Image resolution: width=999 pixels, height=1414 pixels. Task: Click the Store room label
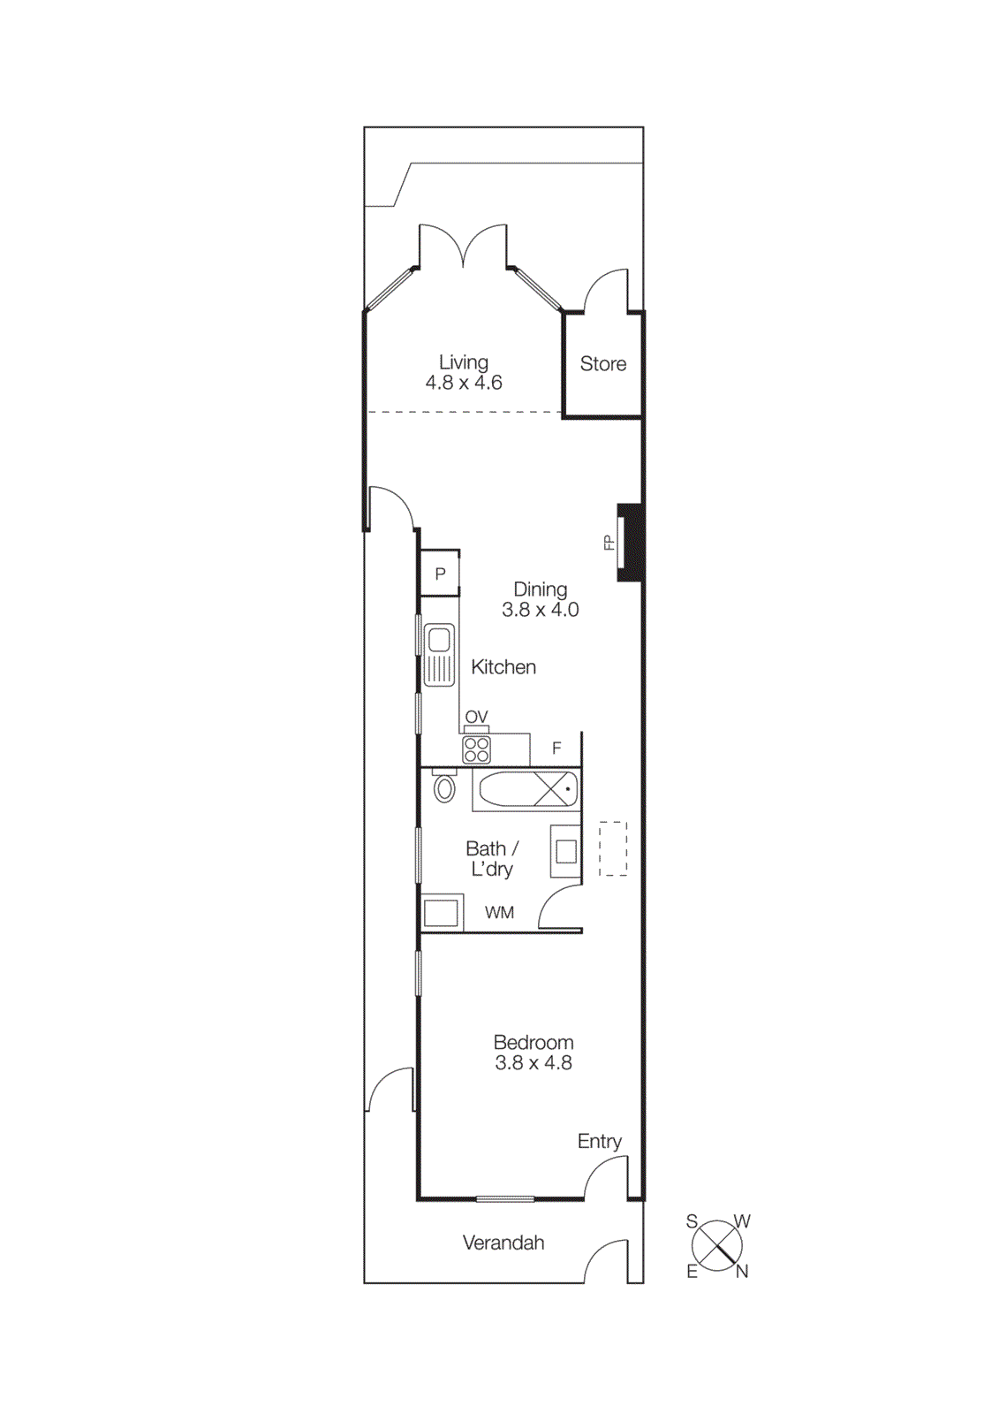point(603,363)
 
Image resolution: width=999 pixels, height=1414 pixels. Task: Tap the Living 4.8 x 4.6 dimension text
point(464,383)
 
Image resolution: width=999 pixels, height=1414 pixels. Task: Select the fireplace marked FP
point(628,542)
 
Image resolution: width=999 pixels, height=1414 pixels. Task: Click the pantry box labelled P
point(440,574)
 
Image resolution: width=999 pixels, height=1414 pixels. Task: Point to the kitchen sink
point(439,655)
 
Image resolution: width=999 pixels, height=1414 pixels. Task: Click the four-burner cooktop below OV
point(477,750)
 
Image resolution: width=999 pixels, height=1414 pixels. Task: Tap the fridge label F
point(556,749)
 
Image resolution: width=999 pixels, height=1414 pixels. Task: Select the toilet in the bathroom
point(445,787)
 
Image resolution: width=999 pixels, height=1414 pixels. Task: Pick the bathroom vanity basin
point(566,851)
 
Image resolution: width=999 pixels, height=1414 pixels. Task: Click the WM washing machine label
point(499,913)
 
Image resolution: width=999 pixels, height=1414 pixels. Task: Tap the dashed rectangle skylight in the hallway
point(613,849)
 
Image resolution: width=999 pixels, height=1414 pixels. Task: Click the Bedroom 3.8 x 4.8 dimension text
point(534,1063)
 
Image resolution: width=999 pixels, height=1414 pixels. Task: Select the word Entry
point(600,1141)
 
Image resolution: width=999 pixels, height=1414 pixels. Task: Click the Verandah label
point(503,1243)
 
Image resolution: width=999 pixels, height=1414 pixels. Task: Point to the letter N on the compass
point(742,1272)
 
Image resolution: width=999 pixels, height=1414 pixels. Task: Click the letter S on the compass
point(692,1221)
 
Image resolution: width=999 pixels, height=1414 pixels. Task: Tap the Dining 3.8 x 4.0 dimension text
point(541,610)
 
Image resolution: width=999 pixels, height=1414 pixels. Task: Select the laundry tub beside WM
point(442,913)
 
